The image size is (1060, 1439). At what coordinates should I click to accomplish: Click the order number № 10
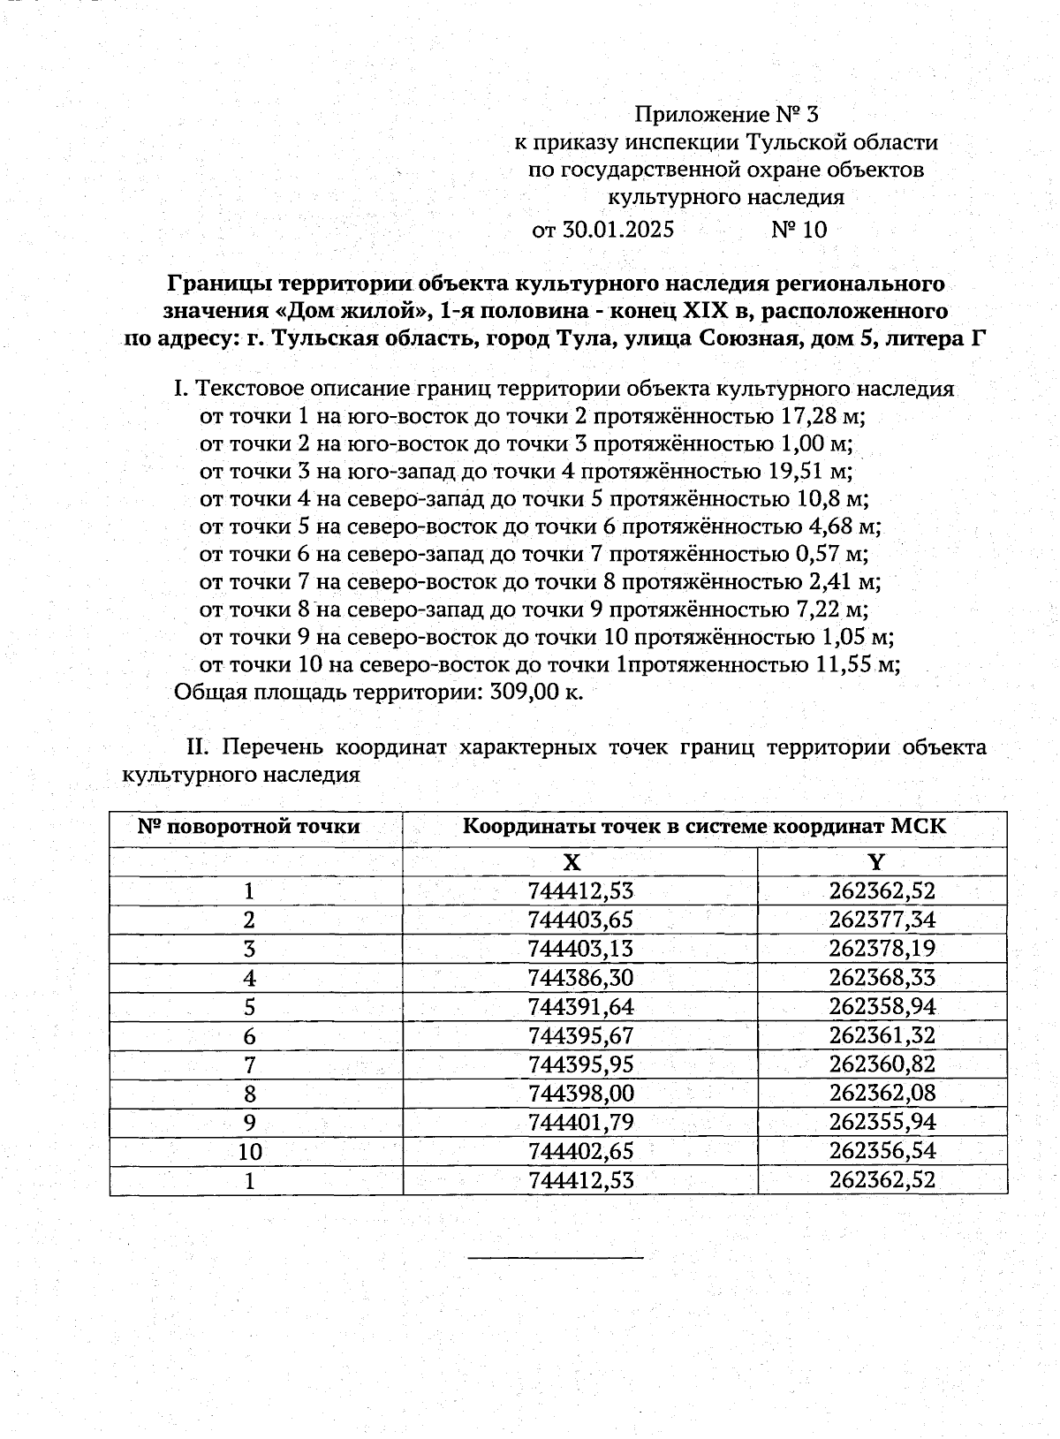(x=799, y=230)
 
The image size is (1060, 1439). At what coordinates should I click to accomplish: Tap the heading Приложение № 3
(x=728, y=114)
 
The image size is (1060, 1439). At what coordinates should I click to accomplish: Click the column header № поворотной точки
(x=249, y=828)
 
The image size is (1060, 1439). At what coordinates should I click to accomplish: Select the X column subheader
(x=572, y=862)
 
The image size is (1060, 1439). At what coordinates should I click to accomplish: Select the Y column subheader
(x=876, y=862)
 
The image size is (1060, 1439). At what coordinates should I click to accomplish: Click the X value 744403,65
(x=580, y=920)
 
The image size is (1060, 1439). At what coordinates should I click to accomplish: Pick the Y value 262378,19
(x=882, y=949)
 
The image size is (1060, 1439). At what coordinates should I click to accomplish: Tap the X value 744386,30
(x=580, y=978)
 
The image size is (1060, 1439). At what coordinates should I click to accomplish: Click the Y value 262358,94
(x=882, y=1007)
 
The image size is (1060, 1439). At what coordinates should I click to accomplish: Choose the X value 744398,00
(x=580, y=1094)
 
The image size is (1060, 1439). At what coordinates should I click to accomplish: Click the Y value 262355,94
(x=882, y=1123)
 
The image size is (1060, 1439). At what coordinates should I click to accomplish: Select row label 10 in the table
(x=250, y=1152)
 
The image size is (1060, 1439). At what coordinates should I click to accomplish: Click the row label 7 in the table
(x=250, y=1064)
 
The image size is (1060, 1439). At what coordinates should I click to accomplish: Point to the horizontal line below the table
(x=555, y=1256)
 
